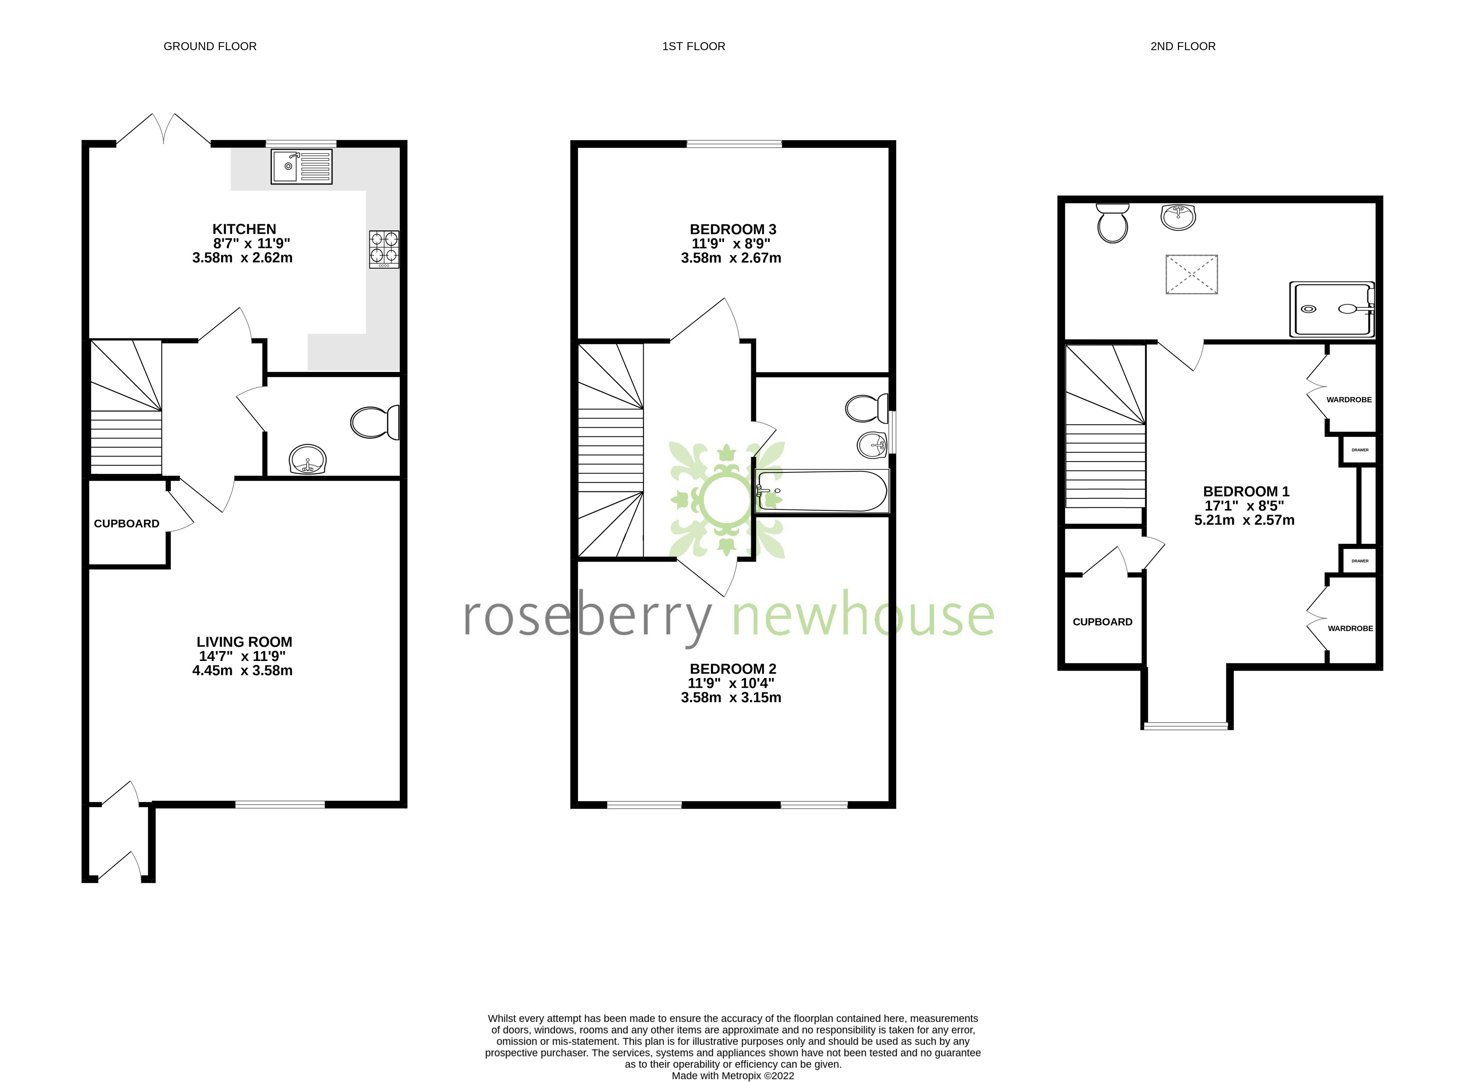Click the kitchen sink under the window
click(301, 166)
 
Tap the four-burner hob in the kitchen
click(384, 249)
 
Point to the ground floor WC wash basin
click(307, 459)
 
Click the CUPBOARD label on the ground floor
click(126, 523)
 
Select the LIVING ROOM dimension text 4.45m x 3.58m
click(242, 671)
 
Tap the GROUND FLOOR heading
click(210, 46)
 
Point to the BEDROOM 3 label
click(732, 229)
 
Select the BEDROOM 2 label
click(732, 669)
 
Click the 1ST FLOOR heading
click(693, 46)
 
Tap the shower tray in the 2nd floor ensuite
click(1331, 309)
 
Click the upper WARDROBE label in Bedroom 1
click(1349, 399)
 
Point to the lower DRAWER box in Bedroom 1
click(1359, 561)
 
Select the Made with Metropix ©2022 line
click(732, 1075)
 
